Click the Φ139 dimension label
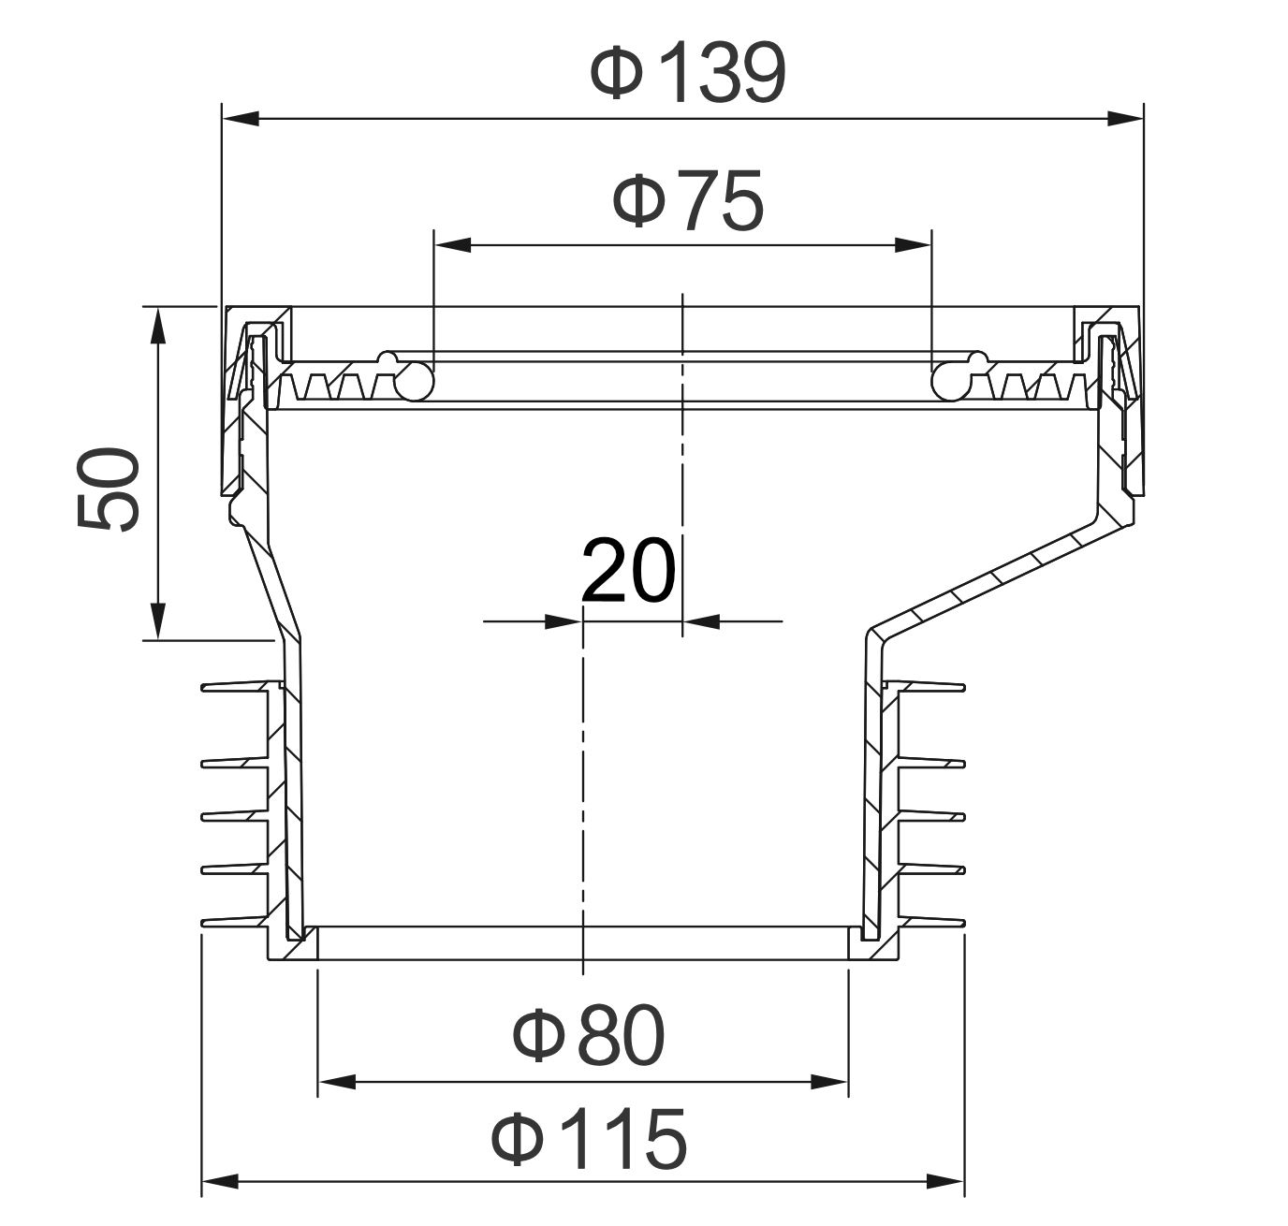pos(688,73)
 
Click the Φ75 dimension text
pos(688,200)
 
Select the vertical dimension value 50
pos(109,489)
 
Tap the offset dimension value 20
pos(627,570)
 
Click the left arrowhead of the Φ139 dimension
pos(240,118)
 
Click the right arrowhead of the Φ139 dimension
pos(1124,118)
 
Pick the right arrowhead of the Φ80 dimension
pos(829,1083)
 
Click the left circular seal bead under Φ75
pos(414,380)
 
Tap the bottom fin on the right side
pos(931,923)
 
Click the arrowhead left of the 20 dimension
pos(561,620)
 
